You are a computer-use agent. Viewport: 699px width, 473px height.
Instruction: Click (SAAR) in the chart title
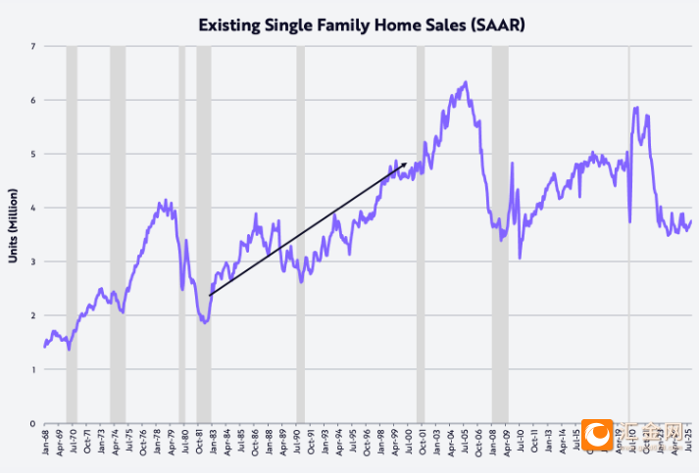494,23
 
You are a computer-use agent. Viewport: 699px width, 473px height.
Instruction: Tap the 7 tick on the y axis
33,46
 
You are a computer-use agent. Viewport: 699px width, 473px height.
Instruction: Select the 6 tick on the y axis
33,100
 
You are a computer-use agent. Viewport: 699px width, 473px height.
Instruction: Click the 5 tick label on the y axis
33,154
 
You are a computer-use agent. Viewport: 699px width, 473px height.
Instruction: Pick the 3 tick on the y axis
33,261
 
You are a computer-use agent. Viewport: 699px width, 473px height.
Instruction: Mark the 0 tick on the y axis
33,423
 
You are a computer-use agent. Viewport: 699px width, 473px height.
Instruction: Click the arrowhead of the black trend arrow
405,165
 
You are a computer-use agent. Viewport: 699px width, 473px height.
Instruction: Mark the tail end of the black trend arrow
210,295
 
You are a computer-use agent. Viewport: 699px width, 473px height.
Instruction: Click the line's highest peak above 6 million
466,82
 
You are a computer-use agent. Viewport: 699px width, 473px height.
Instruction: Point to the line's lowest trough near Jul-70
69,349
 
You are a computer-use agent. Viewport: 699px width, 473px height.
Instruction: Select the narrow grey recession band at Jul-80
182,235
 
